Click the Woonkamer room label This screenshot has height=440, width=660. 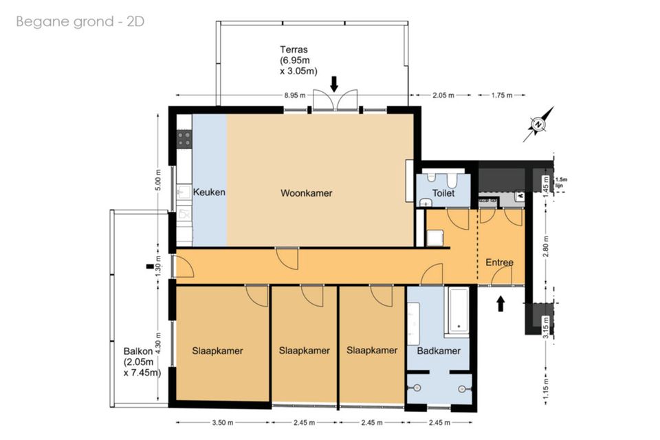point(306,193)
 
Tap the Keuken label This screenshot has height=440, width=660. point(209,192)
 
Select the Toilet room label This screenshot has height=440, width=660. point(443,193)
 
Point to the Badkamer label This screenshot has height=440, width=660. point(439,351)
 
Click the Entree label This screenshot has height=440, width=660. point(500,263)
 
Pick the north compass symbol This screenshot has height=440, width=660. point(538,124)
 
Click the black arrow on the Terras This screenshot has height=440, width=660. point(334,84)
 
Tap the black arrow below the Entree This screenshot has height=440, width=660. point(500,304)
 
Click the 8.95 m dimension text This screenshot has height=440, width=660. point(295,95)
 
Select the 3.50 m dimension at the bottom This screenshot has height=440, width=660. point(223,422)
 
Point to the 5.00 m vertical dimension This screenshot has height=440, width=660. point(158,180)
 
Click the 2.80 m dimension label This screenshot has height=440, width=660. point(546,246)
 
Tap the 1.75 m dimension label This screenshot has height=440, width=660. point(502,95)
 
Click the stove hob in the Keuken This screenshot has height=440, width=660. point(184,138)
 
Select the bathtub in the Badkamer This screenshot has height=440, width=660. point(456,310)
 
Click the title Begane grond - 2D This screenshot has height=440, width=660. point(80,21)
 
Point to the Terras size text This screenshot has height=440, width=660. point(298,60)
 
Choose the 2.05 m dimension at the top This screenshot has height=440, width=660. point(443,95)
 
